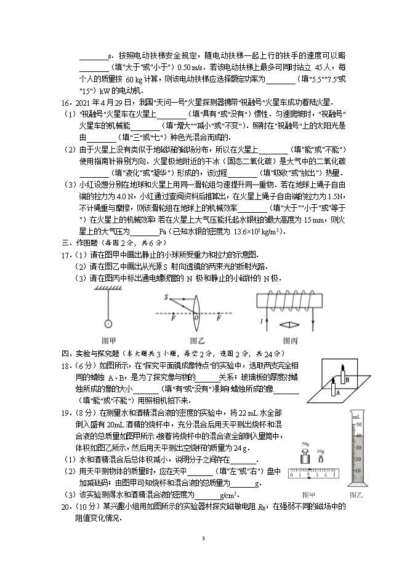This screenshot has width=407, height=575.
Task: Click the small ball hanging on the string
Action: click(108, 323)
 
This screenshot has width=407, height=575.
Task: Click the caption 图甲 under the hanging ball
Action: click(108, 340)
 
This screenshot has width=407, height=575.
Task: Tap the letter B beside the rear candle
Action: click(347, 380)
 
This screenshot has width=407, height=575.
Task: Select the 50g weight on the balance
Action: click(306, 458)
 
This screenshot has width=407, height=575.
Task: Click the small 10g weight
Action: click(321, 460)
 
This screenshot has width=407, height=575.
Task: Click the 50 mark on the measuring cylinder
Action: click(359, 424)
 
